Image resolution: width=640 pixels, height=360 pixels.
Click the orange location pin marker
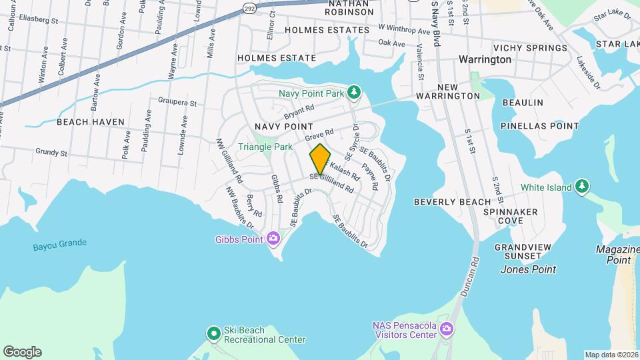[x=320, y=159]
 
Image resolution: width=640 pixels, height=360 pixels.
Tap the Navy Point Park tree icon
[x=355, y=92]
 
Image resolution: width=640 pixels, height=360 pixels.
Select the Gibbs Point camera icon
[x=273, y=238]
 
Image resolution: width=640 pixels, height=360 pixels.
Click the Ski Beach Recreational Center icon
[x=213, y=332]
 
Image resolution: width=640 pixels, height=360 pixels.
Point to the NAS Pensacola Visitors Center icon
[x=447, y=328]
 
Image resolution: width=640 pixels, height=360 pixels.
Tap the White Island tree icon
[x=583, y=186]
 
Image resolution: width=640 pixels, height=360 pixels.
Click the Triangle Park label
[x=265, y=147]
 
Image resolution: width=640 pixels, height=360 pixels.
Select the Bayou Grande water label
[x=60, y=245]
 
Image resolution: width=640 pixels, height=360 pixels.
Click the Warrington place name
[x=485, y=59]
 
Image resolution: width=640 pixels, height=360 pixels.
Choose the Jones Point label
[x=528, y=269]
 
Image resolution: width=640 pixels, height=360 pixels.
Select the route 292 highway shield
[x=248, y=8]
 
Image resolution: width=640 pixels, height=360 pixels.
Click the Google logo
[x=22, y=351]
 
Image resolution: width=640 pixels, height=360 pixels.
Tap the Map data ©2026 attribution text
[x=611, y=355]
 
